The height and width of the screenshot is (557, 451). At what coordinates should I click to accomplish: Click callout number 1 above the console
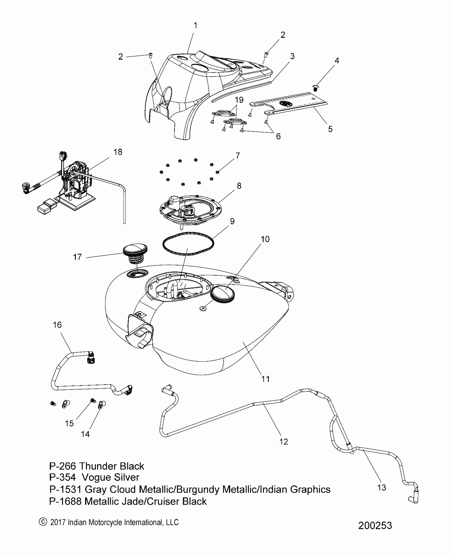point(196,26)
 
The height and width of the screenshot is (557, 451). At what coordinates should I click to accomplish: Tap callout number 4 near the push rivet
point(337,61)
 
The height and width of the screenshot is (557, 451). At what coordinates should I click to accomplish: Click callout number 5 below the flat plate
point(330,129)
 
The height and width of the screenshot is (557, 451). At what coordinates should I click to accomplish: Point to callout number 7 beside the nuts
point(237,155)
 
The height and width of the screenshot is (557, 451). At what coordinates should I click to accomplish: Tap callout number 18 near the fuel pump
point(118,152)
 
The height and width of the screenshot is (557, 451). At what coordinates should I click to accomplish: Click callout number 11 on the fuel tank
point(265,379)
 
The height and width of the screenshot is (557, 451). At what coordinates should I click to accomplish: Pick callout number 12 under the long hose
point(284,442)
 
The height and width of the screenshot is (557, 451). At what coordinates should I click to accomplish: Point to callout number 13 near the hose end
point(381,488)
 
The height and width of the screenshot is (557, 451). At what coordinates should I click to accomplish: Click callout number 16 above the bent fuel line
point(57,325)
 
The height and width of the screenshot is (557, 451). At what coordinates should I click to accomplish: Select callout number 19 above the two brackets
point(239,100)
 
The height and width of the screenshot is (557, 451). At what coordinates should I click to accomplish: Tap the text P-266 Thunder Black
point(97,466)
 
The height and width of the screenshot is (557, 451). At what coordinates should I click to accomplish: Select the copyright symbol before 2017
point(42,522)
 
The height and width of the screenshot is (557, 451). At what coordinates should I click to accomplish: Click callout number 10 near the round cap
point(265,239)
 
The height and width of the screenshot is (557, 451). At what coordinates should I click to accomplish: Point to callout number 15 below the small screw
point(69,424)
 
